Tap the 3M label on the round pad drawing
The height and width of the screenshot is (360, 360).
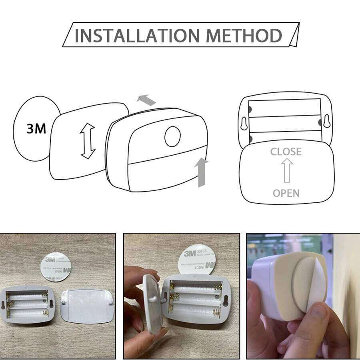tap(36, 128)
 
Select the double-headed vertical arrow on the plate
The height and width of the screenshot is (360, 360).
tap(88, 141)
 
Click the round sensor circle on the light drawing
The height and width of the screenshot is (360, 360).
tap(172, 136)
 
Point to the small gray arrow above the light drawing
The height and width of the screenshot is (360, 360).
tap(146, 100)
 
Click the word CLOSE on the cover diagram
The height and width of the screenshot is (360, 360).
tap(286, 152)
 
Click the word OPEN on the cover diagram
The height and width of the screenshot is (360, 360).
tap(286, 193)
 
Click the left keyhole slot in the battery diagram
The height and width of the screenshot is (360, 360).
tap(244, 123)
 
